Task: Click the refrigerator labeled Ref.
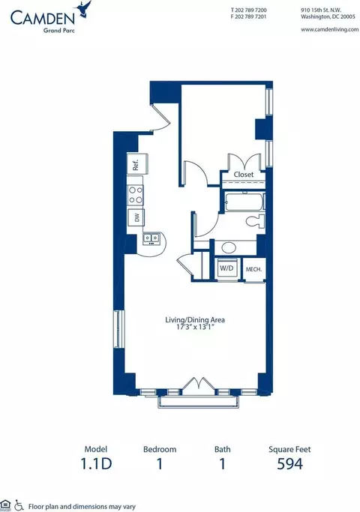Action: pyautogui.click(x=137, y=165)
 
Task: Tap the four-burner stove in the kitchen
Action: pyautogui.click(x=136, y=195)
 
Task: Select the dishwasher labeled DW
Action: pyautogui.click(x=136, y=217)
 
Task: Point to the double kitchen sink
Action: pyautogui.click(x=151, y=239)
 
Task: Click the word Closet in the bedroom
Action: pyautogui.click(x=244, y=175)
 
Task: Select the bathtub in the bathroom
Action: pyautogui.click(x=243, y=201)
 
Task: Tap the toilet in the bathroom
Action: pyautogui.click(x=253, y=221)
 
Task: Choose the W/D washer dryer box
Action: pyautogui.click(x=226, y=268)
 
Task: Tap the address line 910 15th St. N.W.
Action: pyautogui.click(x=323, y=10)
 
